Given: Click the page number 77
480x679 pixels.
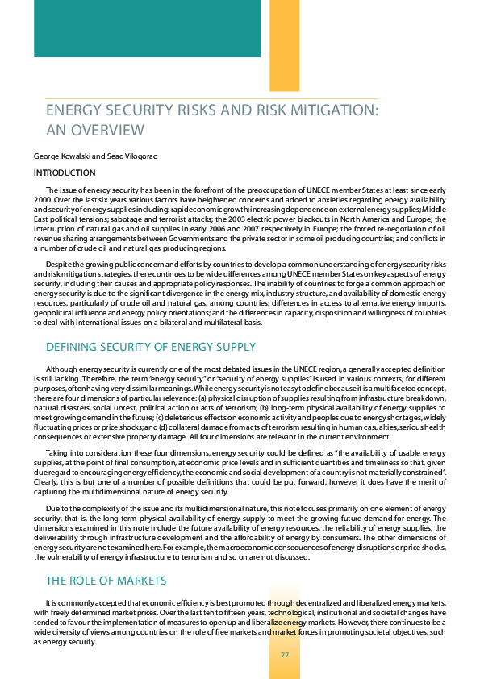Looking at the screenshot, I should pos(285,654).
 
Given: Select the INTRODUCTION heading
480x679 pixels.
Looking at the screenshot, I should pos(65,173).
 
